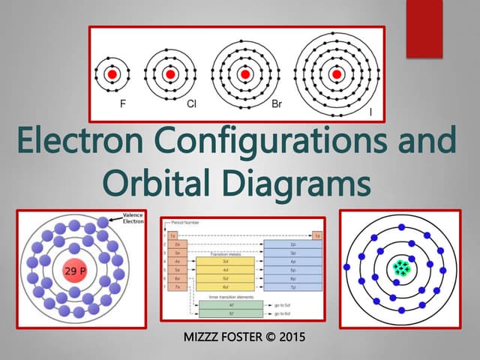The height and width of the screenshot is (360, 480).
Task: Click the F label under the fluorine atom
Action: pos(124,106)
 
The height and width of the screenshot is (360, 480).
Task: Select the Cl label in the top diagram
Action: pos(192,106)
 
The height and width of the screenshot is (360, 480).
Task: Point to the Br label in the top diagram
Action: pos(276,106)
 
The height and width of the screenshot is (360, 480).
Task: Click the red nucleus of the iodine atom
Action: pos(334,75)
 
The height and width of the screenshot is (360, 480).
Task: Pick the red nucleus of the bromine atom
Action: pos(245,75)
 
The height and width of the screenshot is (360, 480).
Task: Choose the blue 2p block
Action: pos(292,244)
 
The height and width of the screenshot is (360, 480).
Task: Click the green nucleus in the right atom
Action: pos(403,268)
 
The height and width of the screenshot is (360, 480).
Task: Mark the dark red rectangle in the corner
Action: pos(425,28)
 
